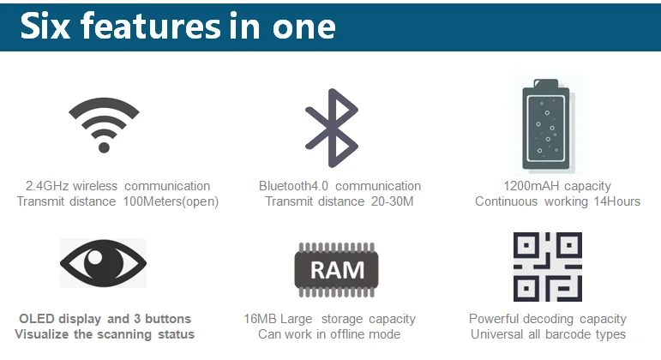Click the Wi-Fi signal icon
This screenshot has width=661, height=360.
104,123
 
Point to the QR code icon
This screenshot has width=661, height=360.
546,267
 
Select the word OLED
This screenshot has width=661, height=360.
37,319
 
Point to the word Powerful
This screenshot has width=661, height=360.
497,319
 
